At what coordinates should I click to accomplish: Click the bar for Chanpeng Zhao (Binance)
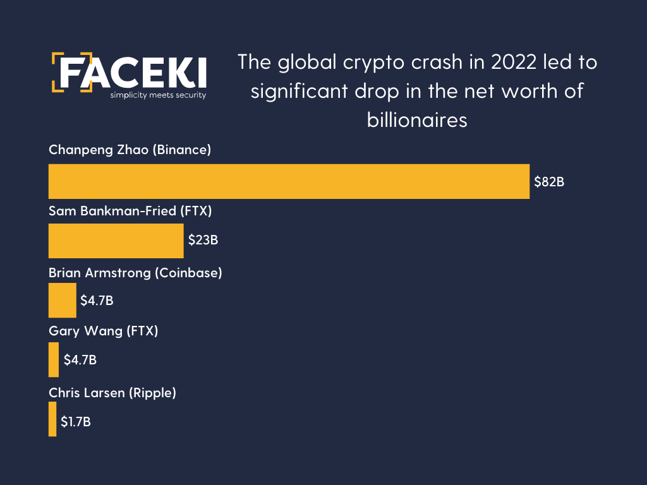pos(289,181)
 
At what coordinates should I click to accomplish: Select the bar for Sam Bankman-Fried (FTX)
pos(116,241)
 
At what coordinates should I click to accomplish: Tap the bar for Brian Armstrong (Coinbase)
pos(62,300)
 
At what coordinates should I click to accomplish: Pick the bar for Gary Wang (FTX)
pos(54,360)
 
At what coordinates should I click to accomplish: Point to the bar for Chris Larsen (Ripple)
pos(52,419)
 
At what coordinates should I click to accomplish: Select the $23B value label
pos(203,241)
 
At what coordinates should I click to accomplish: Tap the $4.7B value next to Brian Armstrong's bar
pos(97,300)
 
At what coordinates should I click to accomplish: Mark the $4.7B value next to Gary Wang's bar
pos(80,360)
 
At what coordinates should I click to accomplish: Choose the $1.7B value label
pos(76,421)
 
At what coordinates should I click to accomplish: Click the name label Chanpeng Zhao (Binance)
pos(130,150)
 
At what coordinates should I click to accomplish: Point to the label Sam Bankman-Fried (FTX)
pos(130,211)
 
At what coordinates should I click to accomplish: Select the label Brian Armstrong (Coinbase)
pos(135,273)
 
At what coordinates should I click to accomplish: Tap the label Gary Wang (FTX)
pos(103,331)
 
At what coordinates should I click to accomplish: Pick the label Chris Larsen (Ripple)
pos(112,392)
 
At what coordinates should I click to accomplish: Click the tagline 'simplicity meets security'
pos(158,95)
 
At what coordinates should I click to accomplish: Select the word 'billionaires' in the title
pos(417,119)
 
